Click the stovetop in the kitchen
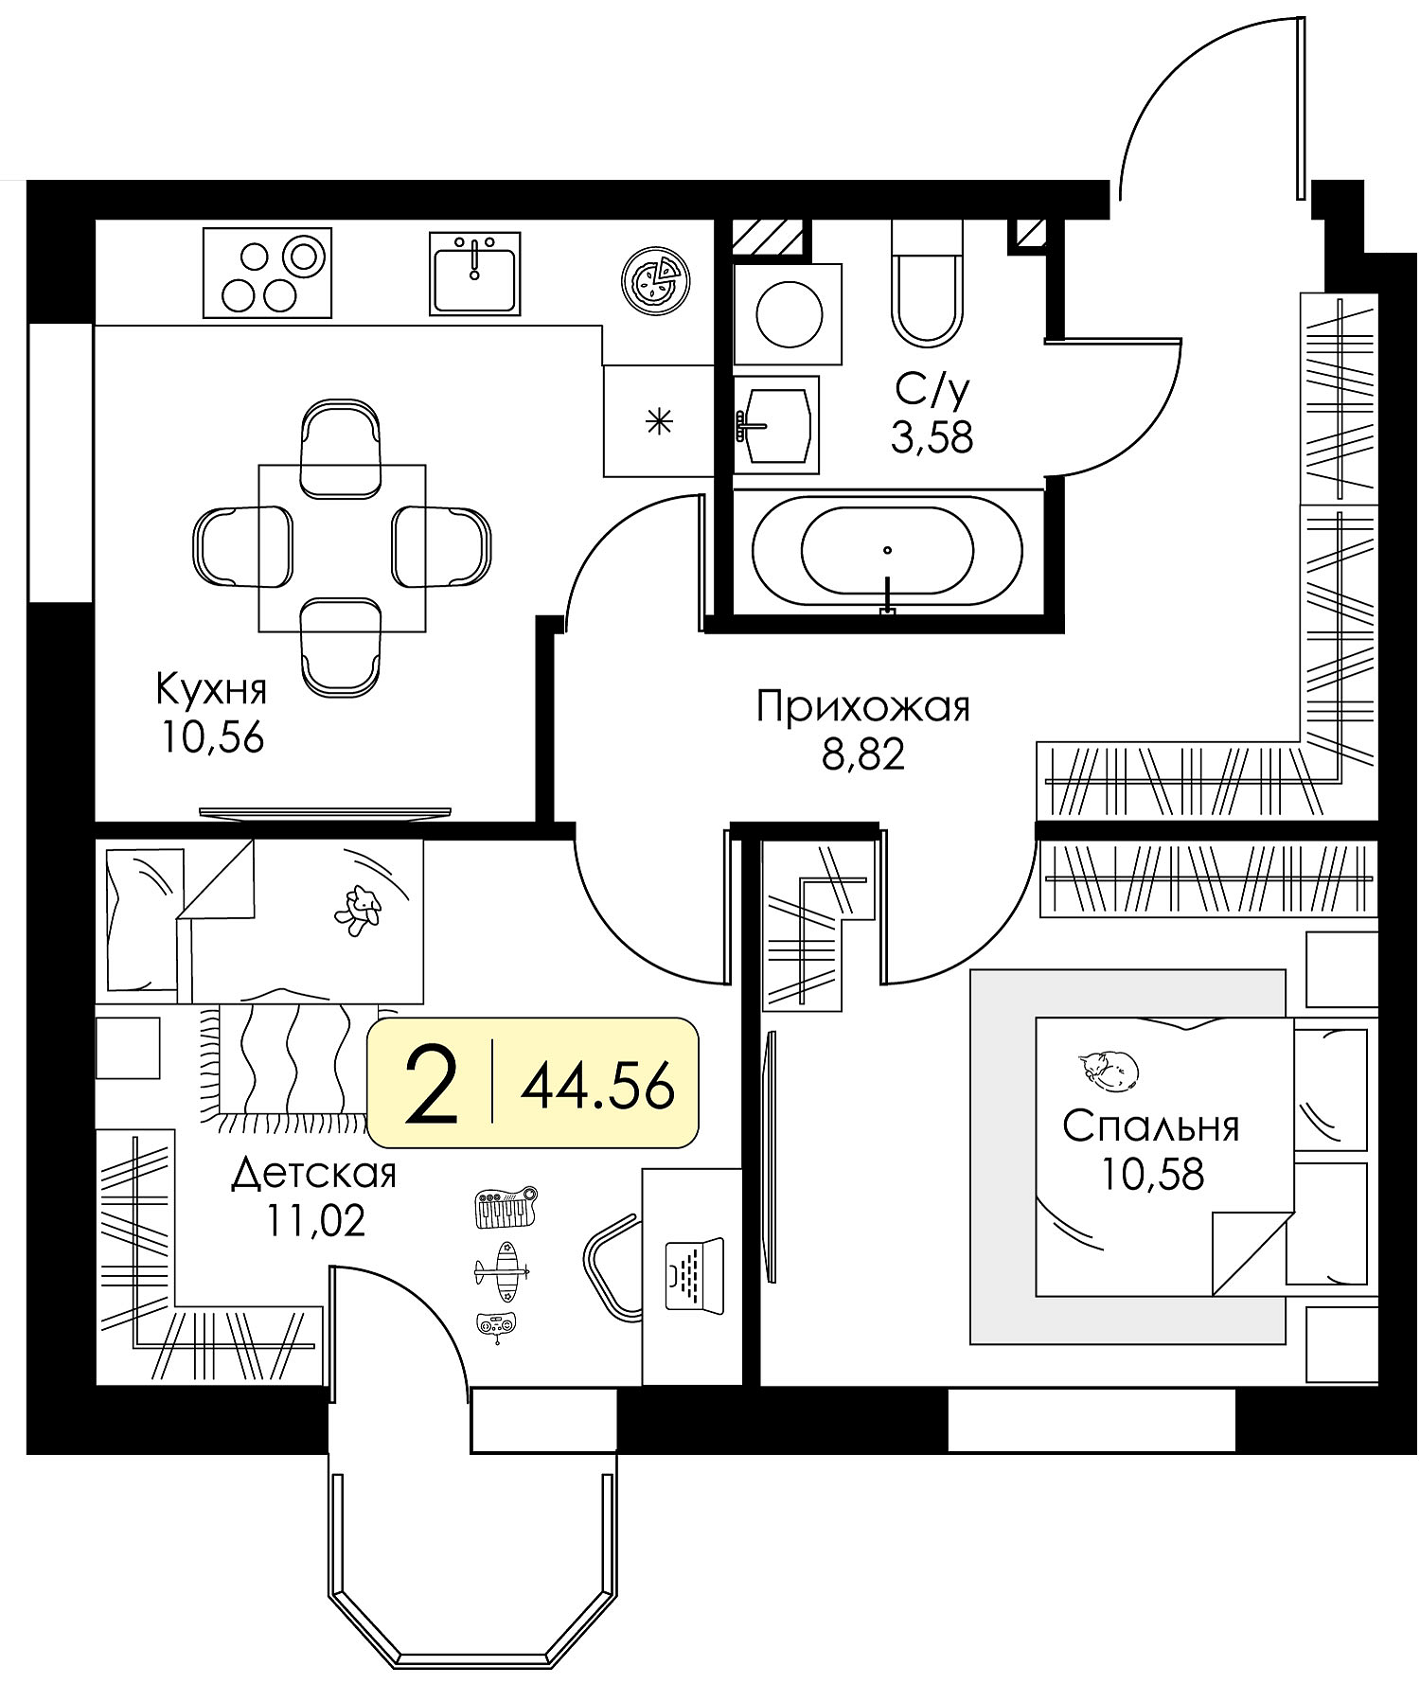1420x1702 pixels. (268, 273)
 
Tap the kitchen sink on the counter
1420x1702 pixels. (474, 273)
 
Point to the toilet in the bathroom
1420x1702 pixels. (928, 282)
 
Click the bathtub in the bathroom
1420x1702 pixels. (887, 552)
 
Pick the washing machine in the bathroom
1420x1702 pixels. (789, 313)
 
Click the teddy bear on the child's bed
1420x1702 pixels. (357, 910)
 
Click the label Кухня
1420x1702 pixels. (212, 689)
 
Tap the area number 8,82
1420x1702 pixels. (864, 755)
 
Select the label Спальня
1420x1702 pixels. (1150, 1127)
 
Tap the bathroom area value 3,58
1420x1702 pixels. (932, 438)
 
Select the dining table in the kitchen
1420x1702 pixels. (343, 548)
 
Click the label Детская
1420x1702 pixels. (314, 1174)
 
